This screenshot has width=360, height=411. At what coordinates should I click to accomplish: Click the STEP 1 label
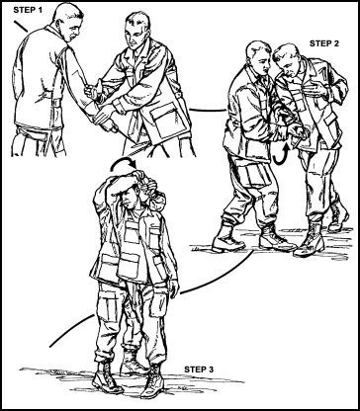(x=28, y=10)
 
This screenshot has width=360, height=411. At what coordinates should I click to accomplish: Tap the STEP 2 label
(x=324, y=43)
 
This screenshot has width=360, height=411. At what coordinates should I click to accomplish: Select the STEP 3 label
(x=199, y=370)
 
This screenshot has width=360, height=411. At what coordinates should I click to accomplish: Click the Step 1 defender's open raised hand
(x=94, y=90)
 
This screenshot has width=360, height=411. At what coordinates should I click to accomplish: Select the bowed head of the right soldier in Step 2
(x=288, y=60)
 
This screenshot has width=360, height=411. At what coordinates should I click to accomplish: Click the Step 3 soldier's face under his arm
(x=130, y=197)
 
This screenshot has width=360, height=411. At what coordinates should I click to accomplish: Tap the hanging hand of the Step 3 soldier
(x=174, y=289)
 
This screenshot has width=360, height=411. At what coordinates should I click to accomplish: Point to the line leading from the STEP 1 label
(x=21, y=27)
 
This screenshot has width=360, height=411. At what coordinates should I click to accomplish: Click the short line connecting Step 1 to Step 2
(x=208, y=110)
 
